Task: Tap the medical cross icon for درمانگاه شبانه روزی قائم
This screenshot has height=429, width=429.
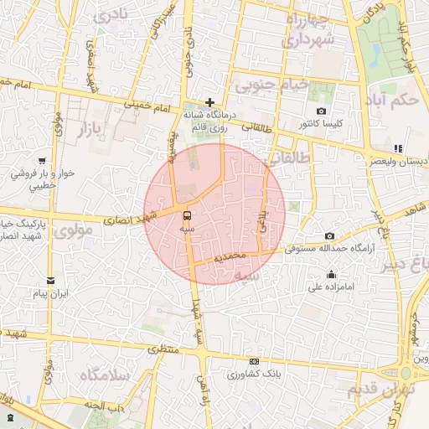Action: (209, 102)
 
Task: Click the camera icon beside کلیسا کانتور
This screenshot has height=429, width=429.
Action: (321, 111)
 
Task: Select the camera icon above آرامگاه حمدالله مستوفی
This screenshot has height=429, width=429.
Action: (329, 235)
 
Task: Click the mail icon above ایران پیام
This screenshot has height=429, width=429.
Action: (51, 280)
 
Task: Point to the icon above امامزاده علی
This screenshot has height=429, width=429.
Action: (332, 274)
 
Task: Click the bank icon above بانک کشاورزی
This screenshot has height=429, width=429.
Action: (254, 361)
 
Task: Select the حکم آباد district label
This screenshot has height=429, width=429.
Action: (398, 101)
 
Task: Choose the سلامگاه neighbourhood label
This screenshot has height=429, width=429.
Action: (104, 375)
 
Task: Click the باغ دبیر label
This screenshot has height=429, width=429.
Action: (409, 266)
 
